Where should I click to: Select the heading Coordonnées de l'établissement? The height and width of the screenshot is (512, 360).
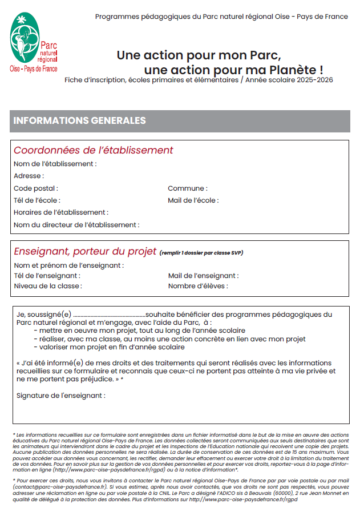pyautogui.click(x=93, y=151)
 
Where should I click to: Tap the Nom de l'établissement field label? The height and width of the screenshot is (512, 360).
pyautogui.click(x=55, y=164)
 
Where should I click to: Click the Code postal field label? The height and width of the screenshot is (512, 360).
pyautogui.click(x=35, y=188)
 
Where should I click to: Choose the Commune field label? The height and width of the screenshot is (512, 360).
pyautogui.click(x=187, y=188)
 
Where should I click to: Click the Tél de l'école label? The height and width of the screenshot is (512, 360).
pyautogui.click(x=37, y=200)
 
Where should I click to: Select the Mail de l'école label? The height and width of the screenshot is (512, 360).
pyautogui.click(x=193, y=200)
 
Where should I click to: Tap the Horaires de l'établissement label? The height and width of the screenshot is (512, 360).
pyautogui.click(x=60, y=212)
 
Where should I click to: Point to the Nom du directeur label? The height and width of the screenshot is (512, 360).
pyautogui.click(x=76, y=225)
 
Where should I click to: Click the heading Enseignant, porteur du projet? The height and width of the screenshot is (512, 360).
pyautogui.click(x=84, y=252)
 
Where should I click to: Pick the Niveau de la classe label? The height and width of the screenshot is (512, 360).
pyautogui.click(x=48, y=286)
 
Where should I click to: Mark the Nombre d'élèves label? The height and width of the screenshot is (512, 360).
pyautogui.click(x=197, y=286)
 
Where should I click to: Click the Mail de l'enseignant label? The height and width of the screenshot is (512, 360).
pyautogui.click(x=203, y=276)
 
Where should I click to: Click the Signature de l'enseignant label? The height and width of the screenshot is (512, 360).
pyautogui.click(x=60, y=395)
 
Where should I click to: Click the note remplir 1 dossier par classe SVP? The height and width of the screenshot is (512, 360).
pyautogui.click(x=201, y=253)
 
